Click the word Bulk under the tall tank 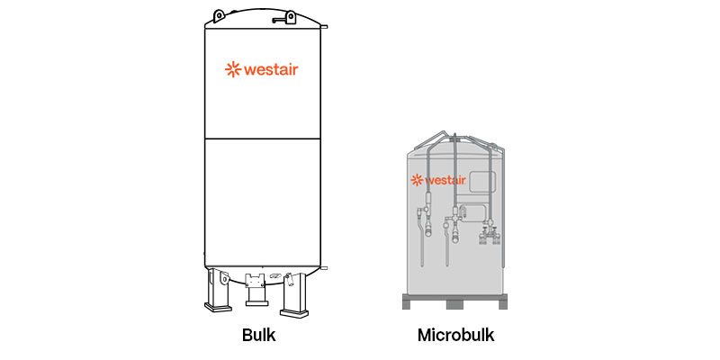(x=258, y=336)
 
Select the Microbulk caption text (x=456, y=336)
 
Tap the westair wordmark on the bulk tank (x=267, y=68)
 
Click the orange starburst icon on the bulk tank (x=232, y=68)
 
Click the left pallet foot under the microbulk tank (x=408, y=303)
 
